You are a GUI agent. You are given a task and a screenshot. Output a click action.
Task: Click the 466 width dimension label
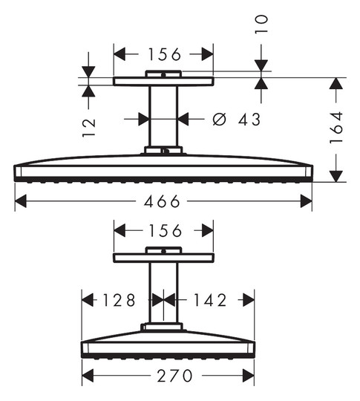tap(162, 201)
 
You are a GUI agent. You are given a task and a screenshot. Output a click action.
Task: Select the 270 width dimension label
tap(174, 376)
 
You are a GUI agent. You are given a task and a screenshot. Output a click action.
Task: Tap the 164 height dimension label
tap(336, 127)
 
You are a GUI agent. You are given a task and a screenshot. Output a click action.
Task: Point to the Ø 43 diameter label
tap(237, 119)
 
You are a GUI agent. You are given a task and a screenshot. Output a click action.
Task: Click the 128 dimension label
tap(119, 300)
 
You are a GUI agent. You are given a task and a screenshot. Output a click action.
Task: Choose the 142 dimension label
tap(210, 300)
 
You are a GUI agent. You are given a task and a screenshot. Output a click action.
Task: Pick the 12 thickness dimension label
tap(89, 128)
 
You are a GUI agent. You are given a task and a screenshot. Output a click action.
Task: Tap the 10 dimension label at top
tap(261, 25)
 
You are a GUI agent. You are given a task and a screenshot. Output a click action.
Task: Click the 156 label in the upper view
tap(164, 54)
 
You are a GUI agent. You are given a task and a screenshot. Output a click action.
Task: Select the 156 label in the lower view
tap(166, 230)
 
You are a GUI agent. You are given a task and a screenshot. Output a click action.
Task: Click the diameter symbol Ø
tap(220, 119)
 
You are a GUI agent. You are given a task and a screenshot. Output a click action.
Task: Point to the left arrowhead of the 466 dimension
tap(21, 201)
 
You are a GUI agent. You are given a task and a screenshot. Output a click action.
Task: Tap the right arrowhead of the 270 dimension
tap(248, 376)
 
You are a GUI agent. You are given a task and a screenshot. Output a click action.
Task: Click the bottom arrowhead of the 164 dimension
tap(336, 176)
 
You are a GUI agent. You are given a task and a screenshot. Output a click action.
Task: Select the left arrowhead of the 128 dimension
tap(88, 300)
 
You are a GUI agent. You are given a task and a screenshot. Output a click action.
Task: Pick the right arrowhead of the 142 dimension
tap(249, 300)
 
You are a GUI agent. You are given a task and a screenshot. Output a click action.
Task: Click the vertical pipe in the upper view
tap(163, 117)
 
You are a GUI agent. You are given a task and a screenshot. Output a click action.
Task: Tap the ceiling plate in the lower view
tap(163, 258)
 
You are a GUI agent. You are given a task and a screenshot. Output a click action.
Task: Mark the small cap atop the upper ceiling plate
tap(163, 74)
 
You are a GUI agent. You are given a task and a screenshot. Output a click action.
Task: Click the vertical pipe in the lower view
tap(163, 293)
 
